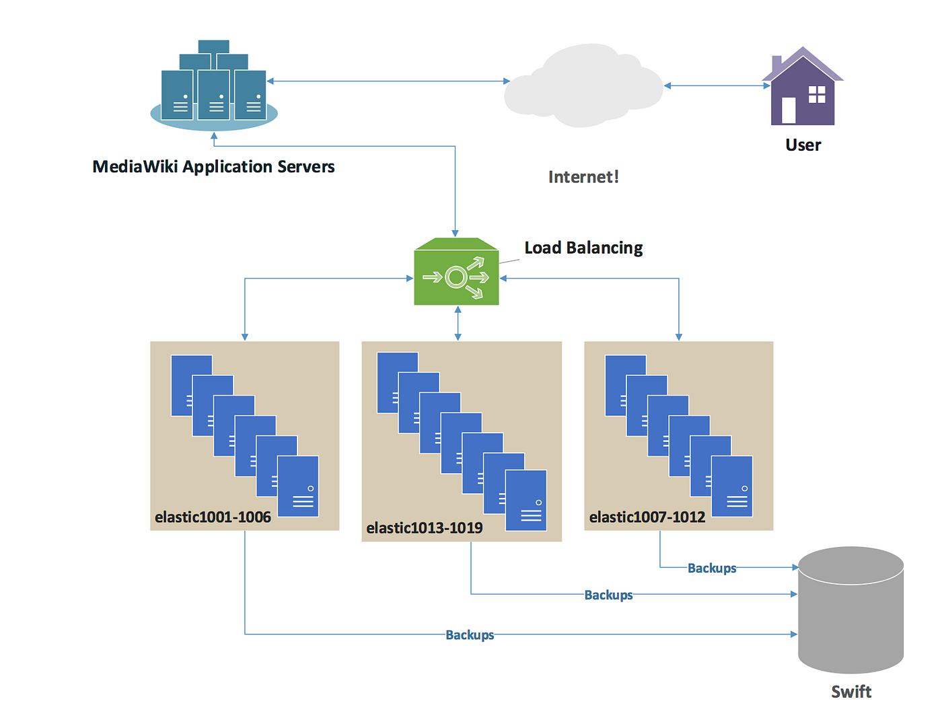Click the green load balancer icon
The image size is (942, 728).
tap(456, 272)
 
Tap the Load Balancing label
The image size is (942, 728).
tap(583, 248)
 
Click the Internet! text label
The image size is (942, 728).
tap(583, 177)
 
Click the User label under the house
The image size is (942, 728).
tap(803, 145)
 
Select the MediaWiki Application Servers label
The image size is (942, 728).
tap(213, 167)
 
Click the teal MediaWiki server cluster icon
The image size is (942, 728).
tap(214, 87)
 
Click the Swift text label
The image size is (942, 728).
tap(850, 692)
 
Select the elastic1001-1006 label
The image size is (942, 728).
tap(213, 517)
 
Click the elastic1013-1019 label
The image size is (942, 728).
tap(424, 528)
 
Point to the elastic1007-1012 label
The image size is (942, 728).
tap(647, 517)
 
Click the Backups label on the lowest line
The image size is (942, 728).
tap(470, 635)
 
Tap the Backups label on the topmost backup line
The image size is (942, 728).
tap(711, 569)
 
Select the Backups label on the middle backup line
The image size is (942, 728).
tap(608, 595)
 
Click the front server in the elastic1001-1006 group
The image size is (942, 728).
tap(298, 486)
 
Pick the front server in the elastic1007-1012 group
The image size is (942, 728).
tap(732, 486)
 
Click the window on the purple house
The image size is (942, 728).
tap(816, 95)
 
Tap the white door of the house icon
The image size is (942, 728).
tap(788, 111)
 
